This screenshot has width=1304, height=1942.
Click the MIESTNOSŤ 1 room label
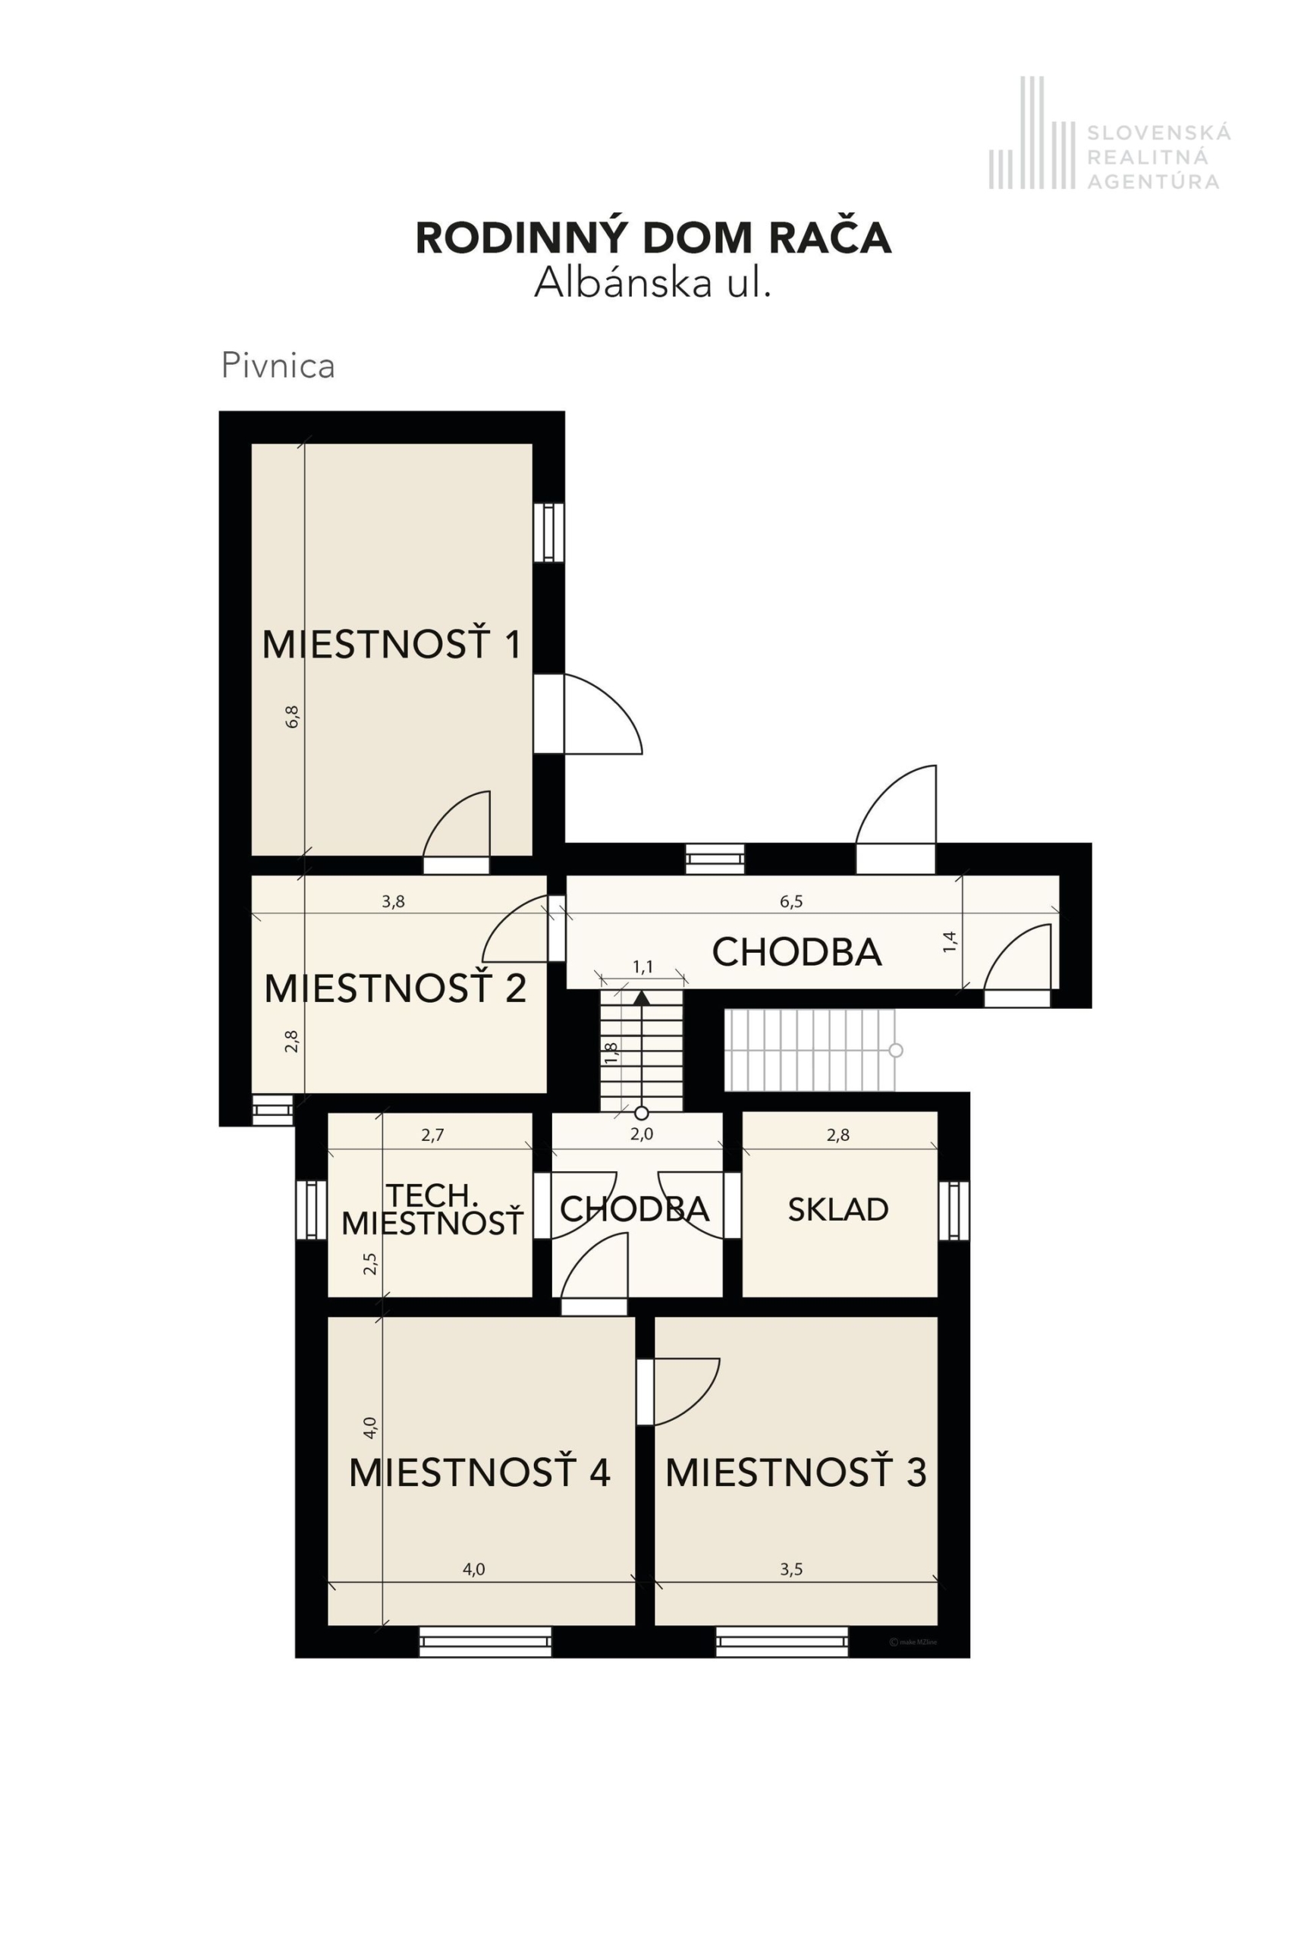391,645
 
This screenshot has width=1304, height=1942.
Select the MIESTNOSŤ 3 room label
796,1472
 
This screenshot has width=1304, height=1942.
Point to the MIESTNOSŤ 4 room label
480,1472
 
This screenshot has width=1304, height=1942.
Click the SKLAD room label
838,1209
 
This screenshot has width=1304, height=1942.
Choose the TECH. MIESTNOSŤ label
432,1209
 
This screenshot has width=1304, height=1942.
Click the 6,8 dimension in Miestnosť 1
292,717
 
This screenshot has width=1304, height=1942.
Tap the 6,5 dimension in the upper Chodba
791,901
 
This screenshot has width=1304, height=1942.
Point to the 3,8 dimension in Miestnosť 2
394,901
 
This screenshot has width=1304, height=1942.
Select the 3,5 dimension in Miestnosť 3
791,1570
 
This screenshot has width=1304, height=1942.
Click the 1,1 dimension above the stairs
643,966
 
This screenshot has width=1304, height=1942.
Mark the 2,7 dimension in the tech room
432,1134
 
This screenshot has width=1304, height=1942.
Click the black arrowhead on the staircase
642,998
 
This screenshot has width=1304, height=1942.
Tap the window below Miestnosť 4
485,1642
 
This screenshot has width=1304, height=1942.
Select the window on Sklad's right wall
954,1210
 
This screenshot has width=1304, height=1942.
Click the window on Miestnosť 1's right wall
549,533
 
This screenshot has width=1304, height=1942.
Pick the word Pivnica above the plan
278,366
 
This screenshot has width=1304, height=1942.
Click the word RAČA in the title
829,238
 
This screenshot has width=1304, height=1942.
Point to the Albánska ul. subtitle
653,283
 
